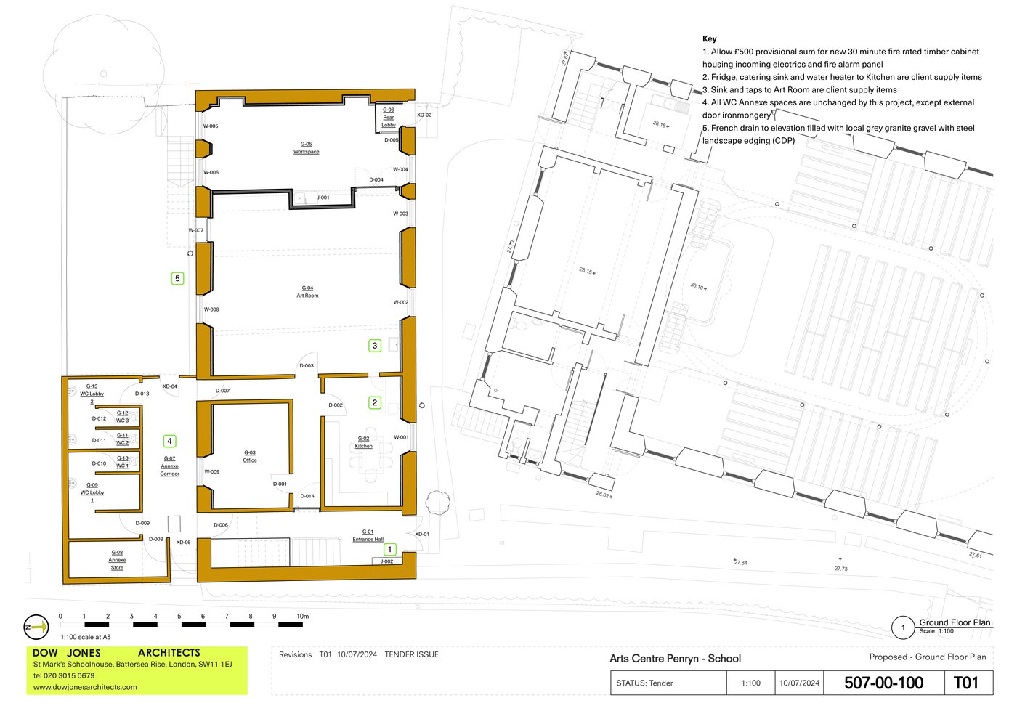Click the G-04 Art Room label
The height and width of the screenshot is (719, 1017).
click(x=307, y=292)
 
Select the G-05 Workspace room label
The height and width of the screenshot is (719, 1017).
click(x=306, y=148)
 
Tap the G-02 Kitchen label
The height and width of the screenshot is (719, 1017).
click(x=364, y=442)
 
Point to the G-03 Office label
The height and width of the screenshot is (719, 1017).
click(x=250, y=456)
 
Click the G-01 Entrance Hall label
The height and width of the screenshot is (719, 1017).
click(x=368, y=535)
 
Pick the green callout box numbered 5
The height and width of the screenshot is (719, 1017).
click(x=177, y=278)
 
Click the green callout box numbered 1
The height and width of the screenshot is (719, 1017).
click(x=389, y=549)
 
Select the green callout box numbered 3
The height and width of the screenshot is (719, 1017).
click(x=375, y=346)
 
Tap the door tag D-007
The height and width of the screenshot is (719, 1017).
click(x=222, y=391)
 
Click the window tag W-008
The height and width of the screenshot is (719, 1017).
click(x=211, y=309)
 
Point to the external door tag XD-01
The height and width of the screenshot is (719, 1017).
click(x=422, y=534)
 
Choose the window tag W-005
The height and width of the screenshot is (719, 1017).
click(x=211, y=126)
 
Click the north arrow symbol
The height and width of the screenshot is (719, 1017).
click(x=36, y=627)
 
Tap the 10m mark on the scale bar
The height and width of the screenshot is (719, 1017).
click(x=303, y=617)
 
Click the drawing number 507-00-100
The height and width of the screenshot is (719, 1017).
click(x=883, y=683)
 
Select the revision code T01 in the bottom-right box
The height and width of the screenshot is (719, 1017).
click(x=965, y=683)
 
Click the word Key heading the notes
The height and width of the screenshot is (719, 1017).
click(x=709, y=39)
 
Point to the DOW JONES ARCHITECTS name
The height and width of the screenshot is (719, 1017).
click(x=116, y=653)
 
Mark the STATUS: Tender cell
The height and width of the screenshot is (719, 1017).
click(x=644, y=683)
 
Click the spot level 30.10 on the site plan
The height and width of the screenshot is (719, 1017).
click(x=697, y=286)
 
